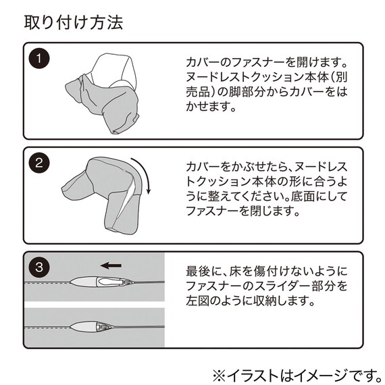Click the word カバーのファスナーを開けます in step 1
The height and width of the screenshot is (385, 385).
click(266, 61)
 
